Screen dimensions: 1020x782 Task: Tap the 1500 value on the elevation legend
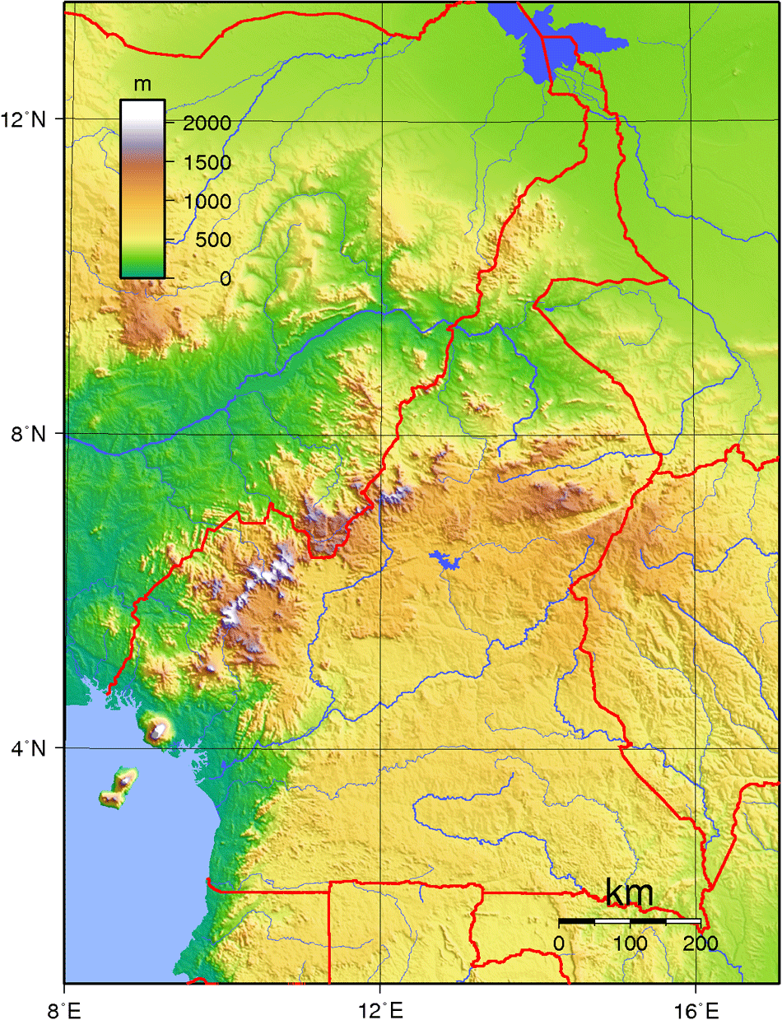click(201, 162)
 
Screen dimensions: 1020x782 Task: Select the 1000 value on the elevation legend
click(201, 201)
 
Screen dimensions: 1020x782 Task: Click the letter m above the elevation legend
click(142, 84)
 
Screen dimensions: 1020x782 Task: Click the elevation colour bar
click(142, 189)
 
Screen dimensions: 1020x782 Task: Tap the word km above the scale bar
click(630, 892)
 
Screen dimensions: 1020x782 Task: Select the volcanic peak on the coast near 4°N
click(157, 729)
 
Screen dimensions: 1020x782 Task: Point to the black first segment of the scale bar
click(576, 920)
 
